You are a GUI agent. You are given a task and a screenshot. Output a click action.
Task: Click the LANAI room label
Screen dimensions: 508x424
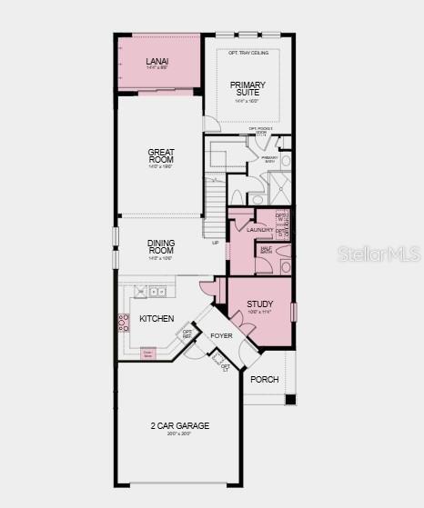click(x=157, y=62)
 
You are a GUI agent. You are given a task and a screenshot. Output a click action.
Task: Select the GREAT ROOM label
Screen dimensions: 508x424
click(x=161, y=156)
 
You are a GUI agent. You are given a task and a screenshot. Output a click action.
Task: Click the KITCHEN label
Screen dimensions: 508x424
click(x=156, y=319)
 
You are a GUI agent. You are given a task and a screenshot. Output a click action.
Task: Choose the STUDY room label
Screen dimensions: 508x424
click(x=259, y=304)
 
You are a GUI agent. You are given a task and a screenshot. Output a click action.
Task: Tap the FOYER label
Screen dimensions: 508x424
click(x=221, y=336)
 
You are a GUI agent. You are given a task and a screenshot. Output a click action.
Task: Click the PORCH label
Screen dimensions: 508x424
click(x=265, y=379)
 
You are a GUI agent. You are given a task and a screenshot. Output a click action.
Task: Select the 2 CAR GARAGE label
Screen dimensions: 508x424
click(x=179, y=425)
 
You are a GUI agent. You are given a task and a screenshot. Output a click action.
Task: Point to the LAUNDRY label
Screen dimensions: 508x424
click(x=259, y=229)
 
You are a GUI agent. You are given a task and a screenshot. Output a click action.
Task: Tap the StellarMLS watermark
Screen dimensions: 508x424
click(x=378, y=254)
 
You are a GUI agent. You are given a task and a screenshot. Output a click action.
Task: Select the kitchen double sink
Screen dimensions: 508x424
click(x=156, y=292)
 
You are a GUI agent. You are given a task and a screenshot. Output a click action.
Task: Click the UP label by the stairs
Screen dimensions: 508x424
click(x=216, y=243)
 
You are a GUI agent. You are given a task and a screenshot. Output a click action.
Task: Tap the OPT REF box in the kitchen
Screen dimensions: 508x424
click(x=187, y=334)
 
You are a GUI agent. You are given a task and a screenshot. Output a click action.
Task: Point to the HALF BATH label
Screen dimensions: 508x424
click(x=267, y=250)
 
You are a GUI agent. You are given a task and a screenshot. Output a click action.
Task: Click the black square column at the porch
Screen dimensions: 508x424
click(x=290, y=399)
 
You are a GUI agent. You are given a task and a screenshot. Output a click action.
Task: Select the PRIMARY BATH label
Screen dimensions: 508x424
click(x=269, y=158)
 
